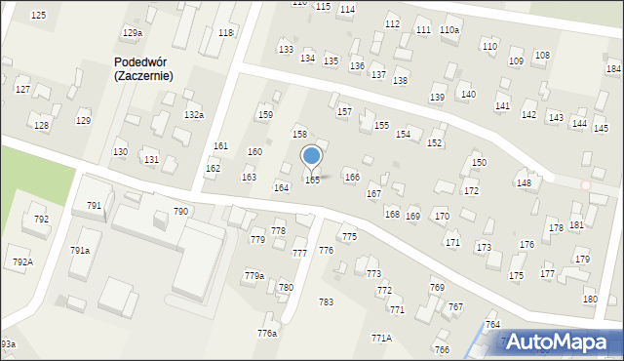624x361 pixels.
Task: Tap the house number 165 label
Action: pyautogui.click(x=312, y=180)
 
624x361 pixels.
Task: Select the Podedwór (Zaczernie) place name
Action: pyautogui.click(x=143, y=68)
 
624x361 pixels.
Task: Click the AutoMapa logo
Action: pyautogui.click(x=561, y=341)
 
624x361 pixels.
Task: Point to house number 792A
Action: pyautogui.click(x=22, y=262)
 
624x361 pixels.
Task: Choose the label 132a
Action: pyautogui.click(x=194, y=115)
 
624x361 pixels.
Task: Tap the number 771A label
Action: pyautogui.click(x=381, y=338)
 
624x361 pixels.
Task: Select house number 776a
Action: pyautogui.click(x=267, y=334)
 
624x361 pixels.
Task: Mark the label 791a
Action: pyautogui.click(x=80, y=251)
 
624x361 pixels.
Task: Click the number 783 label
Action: pyautogui.click(x=326, y=302)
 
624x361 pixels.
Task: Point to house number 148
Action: pyautogui.click(x=524, y=183)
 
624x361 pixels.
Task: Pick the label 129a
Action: pyautogui.click(x=132, y=33)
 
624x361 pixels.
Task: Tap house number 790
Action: pyautogui.click(x=180, y=212)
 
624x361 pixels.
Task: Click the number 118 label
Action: pyautogui.click(x=226, y=33)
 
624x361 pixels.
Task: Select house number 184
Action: pyautogui.click(x=613, y=68)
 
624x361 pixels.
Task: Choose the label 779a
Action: pyautogui.click(x=253, y=276)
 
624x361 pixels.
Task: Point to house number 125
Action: pyautogui.click(x=38, y=16)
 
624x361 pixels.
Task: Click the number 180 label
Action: pyautogui.click(x=589, y=299)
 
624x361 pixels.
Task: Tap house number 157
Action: pyautogui.click(x=344, y=112)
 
